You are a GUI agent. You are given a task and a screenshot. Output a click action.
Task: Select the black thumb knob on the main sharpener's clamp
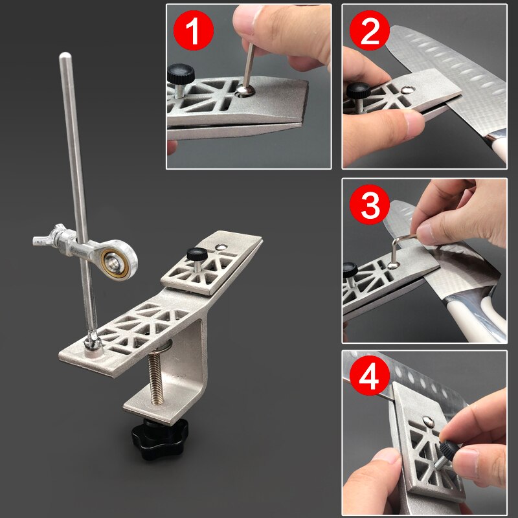[x=196, y=254]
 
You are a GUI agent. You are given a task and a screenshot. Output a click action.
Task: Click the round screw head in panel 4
[x=428, y=422]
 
